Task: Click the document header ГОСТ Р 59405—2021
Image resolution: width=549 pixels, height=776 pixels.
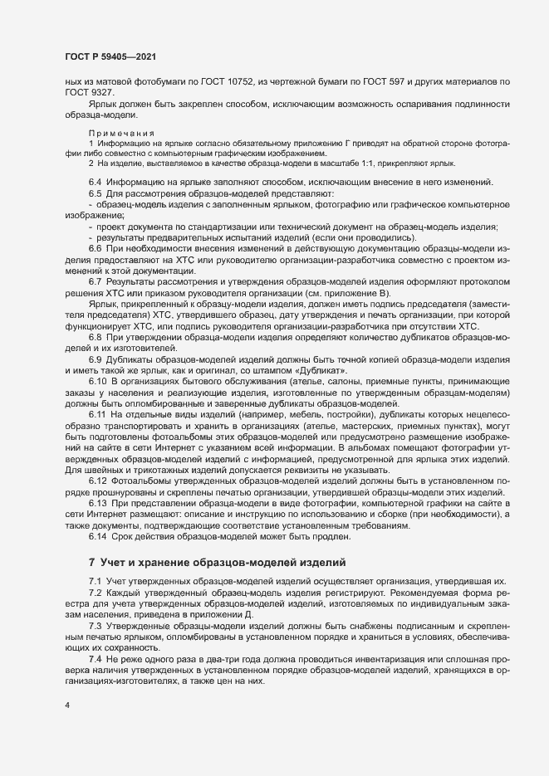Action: click(110, 56)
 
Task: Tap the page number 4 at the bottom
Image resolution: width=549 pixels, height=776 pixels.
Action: click(66, 705)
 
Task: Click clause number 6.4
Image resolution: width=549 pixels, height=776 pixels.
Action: click(95, 182)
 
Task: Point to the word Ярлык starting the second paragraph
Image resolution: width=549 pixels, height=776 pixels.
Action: click(103, 103)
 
